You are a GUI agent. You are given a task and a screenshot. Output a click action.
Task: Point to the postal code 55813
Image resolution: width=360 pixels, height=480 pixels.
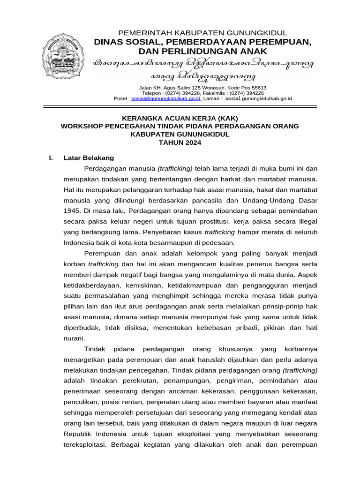point(257,88)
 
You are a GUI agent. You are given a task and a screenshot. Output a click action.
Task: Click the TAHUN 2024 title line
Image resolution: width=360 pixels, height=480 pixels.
point(180,143)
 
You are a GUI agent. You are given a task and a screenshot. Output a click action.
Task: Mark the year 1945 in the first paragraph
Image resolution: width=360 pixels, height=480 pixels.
point(72,211)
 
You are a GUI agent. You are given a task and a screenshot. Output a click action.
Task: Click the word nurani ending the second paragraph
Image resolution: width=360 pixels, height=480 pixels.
point(73,337)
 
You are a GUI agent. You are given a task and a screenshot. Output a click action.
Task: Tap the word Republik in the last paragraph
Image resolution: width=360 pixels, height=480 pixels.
point(77,434)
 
